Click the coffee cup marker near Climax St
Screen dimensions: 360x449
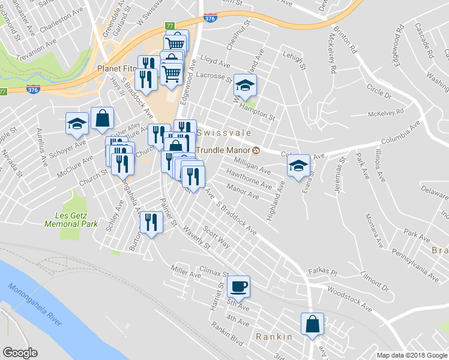pyautogui.click(x=239, y=286)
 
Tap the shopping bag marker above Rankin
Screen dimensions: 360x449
pyautogui.click(x=312, y=324)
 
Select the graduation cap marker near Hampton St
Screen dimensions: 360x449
pyautogui.click(x=245, y=85)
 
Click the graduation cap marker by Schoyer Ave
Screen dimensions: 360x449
pyautogui.click(x=77, y=124)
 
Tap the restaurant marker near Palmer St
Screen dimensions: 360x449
pyautogui.click(x=151, y=223)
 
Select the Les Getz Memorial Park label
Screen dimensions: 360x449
pyautogui.click(x=71, y=220)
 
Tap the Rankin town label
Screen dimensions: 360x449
pyautogui.click(x=274, y=337)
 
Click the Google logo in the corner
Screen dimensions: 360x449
pyautogui.click(x=20, y=353)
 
